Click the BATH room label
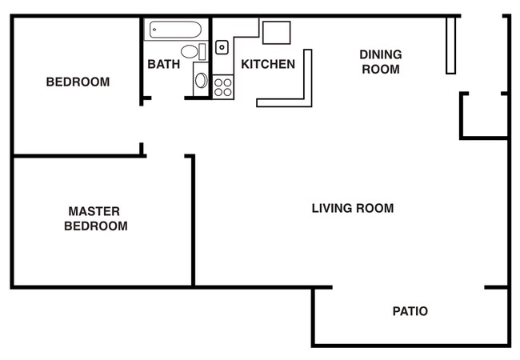click(x=163, y=64)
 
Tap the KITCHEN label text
click(x=268, y=64)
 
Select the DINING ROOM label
click(x=381, y=62)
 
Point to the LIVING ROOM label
click(x=353, y=208)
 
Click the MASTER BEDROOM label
click(x=95, y=218)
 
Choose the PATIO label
click(x=410, y=311)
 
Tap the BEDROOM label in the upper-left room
click(x=78, y=82)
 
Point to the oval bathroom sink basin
click(x=201, y=80)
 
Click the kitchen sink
click(x=222, y=47)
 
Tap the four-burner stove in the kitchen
click(x=223, y=86)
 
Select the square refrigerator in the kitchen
click(x=276, y=32)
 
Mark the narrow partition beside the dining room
click(x=450, y=45)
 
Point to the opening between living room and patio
click(x=408, y=287)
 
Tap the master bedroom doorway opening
click(x=166, y=155)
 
